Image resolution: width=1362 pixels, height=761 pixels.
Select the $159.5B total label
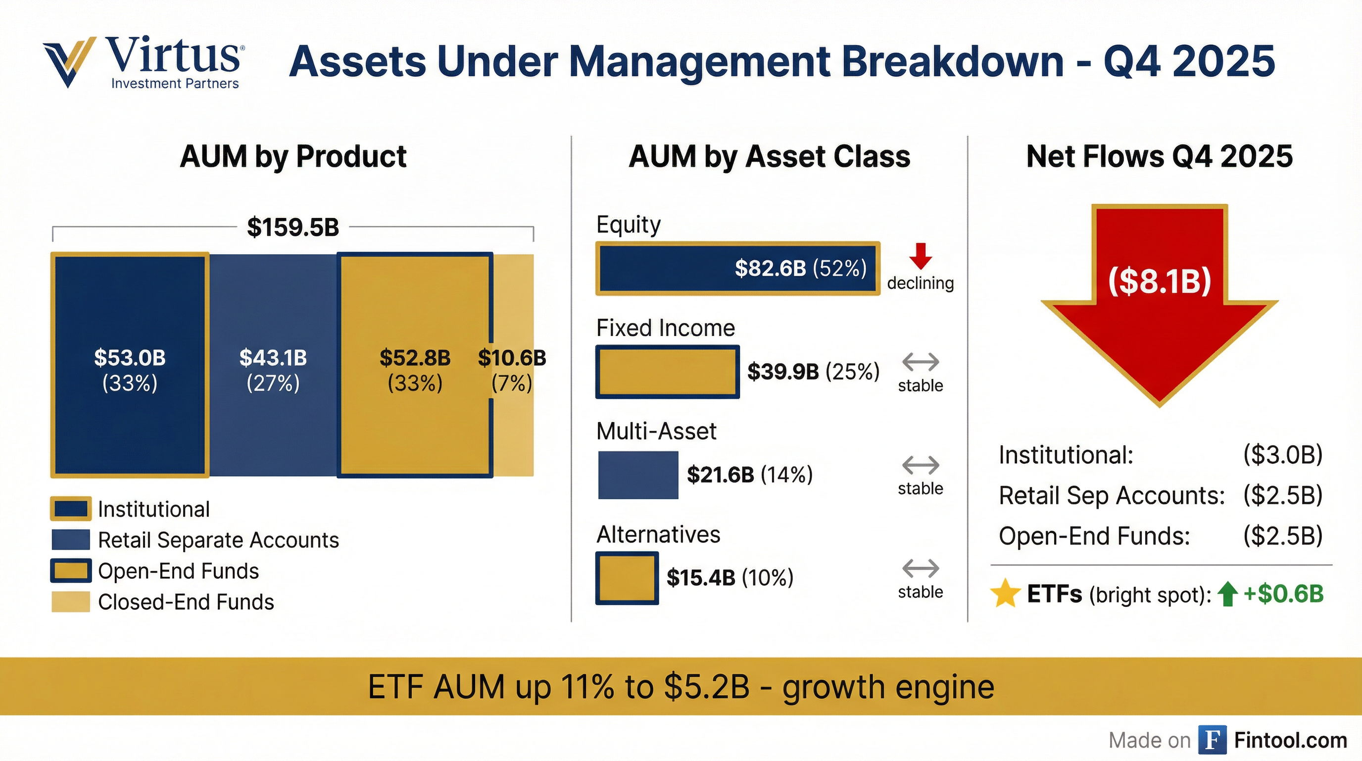[x=293, y=227]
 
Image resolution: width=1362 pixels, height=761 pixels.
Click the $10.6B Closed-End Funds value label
[x=512, y=358]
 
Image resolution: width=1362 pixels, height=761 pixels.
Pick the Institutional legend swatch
[x=70, y=508]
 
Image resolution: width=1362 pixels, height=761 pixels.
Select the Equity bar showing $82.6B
[x=737, y=269]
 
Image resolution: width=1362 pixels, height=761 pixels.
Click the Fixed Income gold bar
[x=667, y=372]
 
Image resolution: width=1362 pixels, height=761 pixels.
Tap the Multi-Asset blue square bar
[x=637, y=475]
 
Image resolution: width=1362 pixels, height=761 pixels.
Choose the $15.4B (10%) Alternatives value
[x=730, y=578]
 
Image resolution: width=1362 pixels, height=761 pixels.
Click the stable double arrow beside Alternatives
[x=921, y=569]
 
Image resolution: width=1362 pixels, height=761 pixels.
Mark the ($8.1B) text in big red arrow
[x=1160, y=281]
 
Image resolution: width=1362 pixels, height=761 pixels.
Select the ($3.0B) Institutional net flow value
[x=1283, y=455]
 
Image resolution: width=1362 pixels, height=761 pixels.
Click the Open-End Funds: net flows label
[x=1094, y=537]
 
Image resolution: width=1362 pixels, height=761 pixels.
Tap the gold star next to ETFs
[x=1005, y=593]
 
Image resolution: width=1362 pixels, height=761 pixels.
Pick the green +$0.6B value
[x=1284, y=594]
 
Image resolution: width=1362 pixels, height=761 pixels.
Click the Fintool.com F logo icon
[x=1212, y=740]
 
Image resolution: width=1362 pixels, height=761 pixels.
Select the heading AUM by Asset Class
[x=769, y=157]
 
